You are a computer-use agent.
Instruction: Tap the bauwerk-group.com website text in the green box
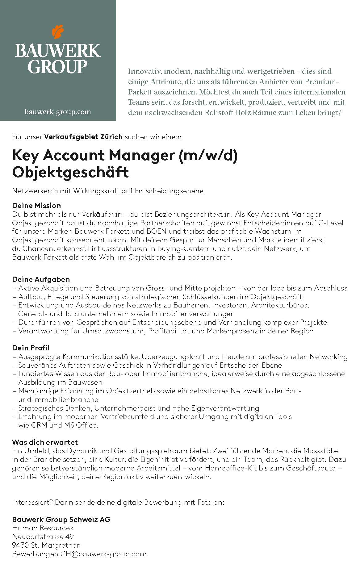point(58,112)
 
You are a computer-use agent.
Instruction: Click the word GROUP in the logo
point(58,66)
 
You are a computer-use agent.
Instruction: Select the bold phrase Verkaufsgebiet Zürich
point(83,137)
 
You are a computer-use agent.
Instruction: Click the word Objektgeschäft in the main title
point(70,172)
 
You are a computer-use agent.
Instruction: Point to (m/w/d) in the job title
point(208,155)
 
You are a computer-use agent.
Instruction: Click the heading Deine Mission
point(36,206)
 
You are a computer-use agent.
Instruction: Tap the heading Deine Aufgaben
point(41,279)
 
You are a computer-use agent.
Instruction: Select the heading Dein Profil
point(31,348)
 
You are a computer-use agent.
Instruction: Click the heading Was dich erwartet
point(45,442)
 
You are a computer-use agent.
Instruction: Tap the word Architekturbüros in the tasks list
point(280,305)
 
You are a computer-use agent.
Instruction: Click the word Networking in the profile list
point(329,357)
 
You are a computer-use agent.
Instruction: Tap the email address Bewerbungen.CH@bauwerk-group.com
point(79,554)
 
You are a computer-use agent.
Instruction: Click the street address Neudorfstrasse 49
point(43,537)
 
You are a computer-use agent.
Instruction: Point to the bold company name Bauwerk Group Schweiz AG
point(61,519)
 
